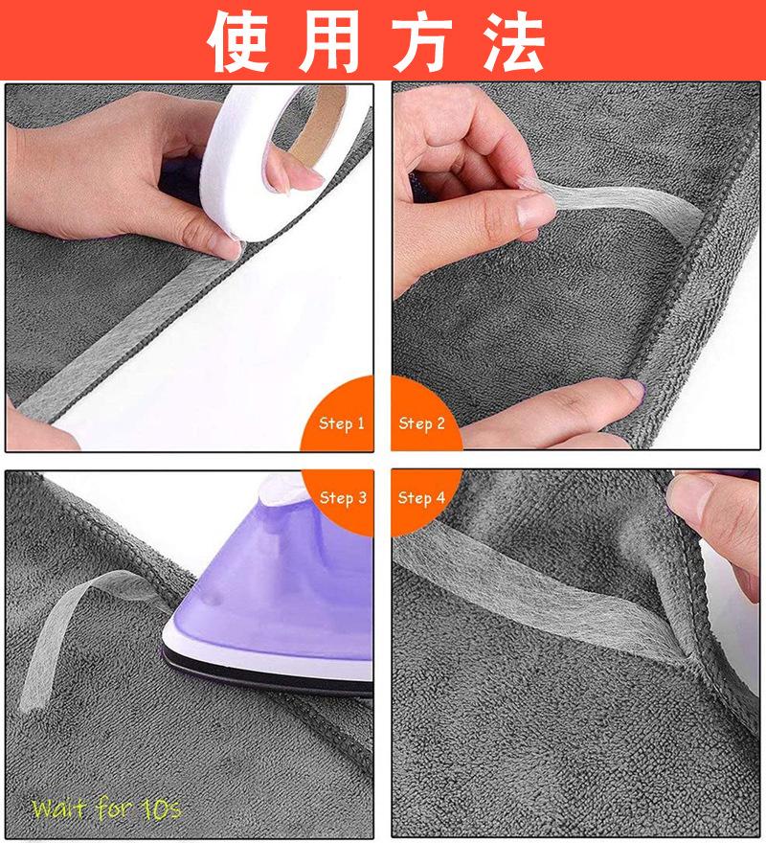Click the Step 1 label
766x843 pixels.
click(x=342, y=422)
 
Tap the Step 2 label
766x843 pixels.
click(x=422, y=422)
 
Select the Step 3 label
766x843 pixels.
click(x=343, y=497)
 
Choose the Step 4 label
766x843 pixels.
click(x=421, y=497)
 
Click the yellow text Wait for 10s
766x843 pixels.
click(x=105, y=809)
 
